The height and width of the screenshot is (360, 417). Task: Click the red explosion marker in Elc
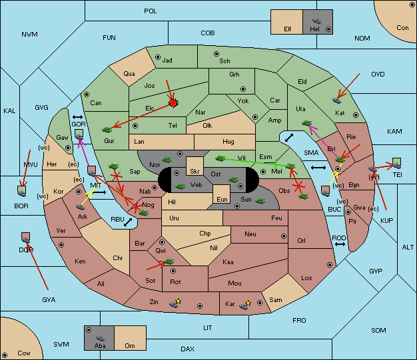[x=173, y=103]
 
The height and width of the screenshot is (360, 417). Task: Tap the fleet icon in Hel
[x=316, y=21]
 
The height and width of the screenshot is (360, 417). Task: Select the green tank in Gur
[x=107, y=130]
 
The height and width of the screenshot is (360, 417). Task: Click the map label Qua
[x=129, y=74]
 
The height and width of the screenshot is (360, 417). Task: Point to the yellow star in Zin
[x=178, y=301]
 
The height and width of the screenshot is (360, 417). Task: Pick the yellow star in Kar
[x=248, y=303]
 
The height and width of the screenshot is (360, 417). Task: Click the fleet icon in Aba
[x=101, y=338]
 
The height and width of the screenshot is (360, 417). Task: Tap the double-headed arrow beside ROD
[x=340, y=244]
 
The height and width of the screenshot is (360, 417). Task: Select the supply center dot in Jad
[x=158, y=57]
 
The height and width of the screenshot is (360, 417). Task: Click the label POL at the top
[x=151, y=11]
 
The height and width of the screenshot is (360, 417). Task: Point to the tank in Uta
[x=306, y=123]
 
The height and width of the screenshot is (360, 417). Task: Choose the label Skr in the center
[x=195, y=172]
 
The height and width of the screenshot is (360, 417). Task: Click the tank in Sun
[x=260, y=201]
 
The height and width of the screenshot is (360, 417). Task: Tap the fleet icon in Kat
[x=336, y=100]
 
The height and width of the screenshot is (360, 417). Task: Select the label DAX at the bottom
[x=187, y=349]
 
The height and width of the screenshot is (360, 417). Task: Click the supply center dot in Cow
[x=5, y=355]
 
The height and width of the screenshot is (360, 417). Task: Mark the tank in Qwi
[x=169, y=262]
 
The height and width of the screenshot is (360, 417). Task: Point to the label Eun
[x=222, y=199]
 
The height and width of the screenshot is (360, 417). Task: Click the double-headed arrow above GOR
[x=77, y=117]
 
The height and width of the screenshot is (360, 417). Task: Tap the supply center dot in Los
[x=330, y=265]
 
